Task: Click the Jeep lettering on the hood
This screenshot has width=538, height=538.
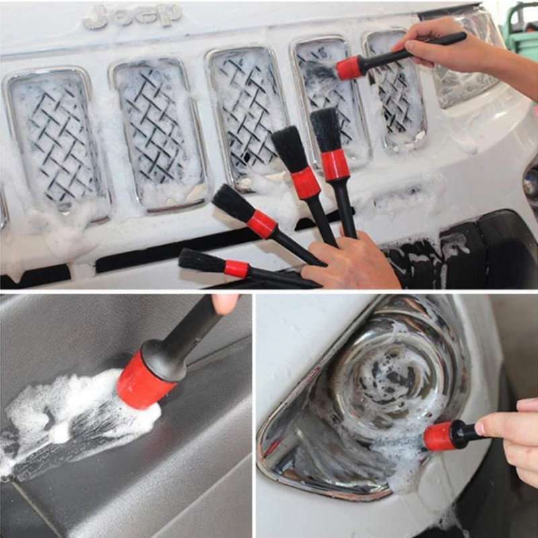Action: [132, 15]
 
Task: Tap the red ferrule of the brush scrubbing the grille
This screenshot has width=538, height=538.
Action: [350, 68]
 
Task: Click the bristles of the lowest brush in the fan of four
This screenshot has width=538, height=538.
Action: [202, 261]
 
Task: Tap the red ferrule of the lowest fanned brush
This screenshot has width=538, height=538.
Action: [237, 268]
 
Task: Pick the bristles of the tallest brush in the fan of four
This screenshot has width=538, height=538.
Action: [326, 129]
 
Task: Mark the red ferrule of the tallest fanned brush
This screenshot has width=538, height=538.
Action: [335, 165]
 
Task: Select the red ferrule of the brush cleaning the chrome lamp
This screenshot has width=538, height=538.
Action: [439, 436]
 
